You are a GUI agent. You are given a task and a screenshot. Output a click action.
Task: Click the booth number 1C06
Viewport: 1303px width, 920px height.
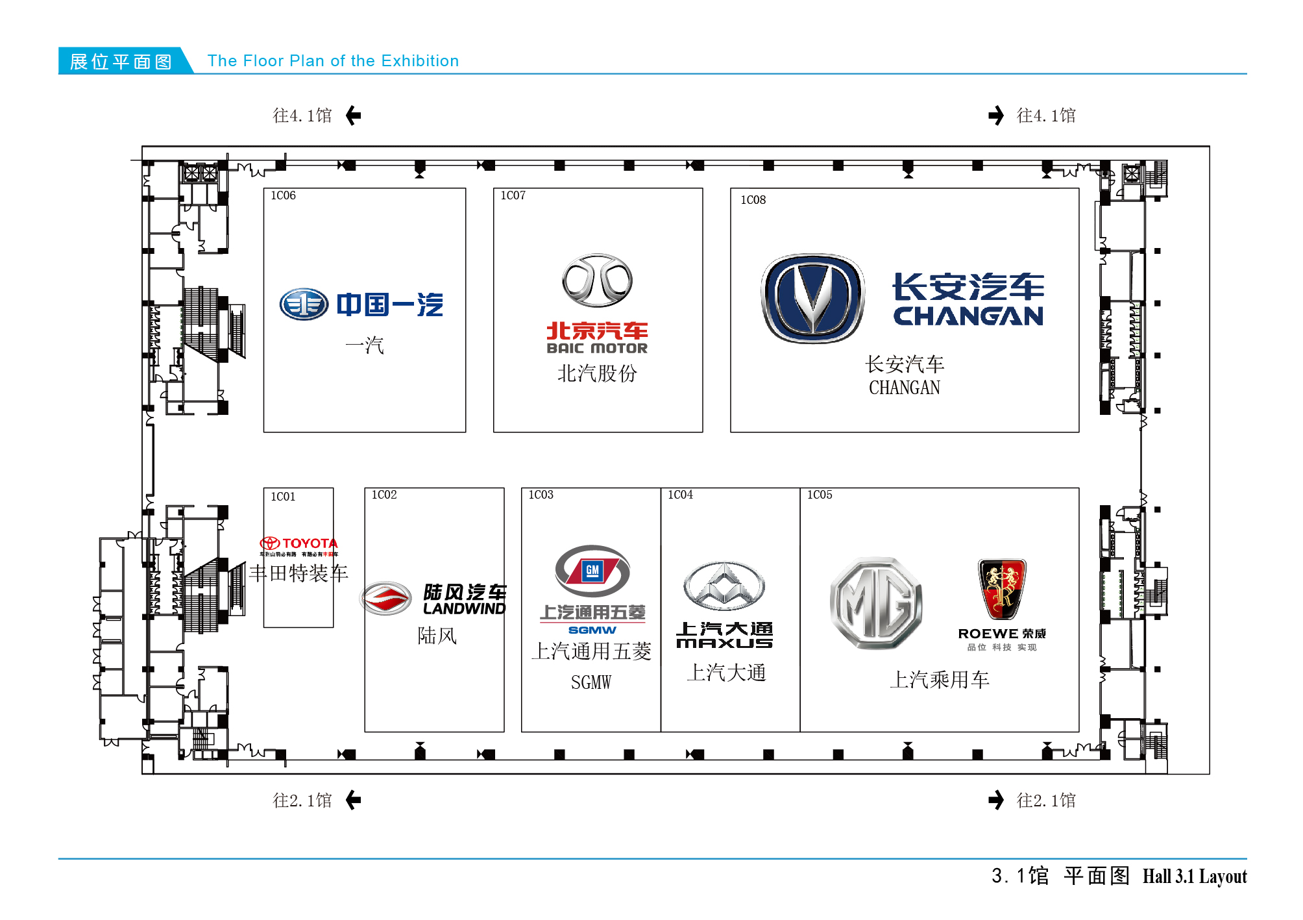pos(283,195)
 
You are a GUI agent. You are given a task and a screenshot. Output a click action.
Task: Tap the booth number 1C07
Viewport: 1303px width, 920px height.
pos(513,195)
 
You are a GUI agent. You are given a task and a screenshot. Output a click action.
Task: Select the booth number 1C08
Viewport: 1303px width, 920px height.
pos(753,200)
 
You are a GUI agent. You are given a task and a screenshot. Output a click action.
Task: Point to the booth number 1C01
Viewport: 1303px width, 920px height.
pos(283,497)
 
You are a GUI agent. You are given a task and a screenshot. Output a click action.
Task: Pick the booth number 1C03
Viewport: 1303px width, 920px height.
pos(541,495)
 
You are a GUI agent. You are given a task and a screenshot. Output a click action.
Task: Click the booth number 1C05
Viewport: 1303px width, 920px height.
pos(820,495)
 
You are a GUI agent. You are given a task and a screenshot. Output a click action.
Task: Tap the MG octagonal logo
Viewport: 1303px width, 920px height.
pos(875,603)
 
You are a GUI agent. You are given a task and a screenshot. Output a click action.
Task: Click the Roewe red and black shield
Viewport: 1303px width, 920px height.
pos(1002,589)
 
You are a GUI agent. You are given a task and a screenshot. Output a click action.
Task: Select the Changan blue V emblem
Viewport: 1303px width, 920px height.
pos(812,298)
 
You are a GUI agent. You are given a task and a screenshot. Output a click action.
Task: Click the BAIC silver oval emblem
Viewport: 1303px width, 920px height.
pos(597,280)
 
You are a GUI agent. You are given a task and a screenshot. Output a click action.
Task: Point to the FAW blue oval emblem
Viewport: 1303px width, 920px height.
pos(304,305)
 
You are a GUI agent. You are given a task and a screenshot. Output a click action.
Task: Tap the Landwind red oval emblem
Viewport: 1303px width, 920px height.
pos(386,598)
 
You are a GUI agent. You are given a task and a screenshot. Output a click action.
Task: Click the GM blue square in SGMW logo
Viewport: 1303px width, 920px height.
pos(592,571)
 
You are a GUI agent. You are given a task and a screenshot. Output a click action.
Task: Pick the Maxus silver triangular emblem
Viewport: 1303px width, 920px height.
pos(724,586)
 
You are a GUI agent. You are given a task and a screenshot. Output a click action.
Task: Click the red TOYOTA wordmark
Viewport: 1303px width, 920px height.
pos(310,543)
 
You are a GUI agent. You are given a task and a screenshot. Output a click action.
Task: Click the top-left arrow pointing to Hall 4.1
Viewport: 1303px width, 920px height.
pos(354,116)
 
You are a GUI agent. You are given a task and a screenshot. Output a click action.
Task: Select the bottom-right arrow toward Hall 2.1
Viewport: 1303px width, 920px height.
pos(996,800)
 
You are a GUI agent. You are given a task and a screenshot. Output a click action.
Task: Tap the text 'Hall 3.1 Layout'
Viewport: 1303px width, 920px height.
pos(1195,876)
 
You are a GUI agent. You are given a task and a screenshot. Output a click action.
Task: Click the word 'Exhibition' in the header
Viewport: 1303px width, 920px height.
pos(420,61)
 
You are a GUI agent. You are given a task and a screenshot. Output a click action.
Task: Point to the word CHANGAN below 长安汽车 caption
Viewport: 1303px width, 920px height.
pos(904,388)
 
